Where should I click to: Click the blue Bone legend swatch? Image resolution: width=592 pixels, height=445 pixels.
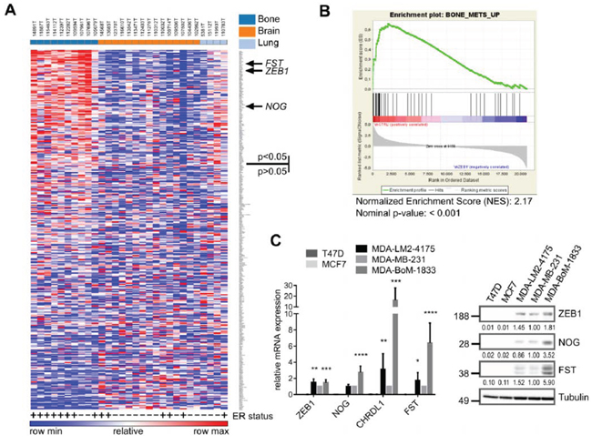(257, 18)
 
